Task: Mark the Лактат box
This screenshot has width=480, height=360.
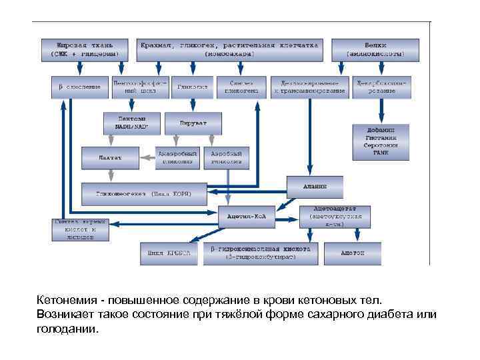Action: pyautogui.click(x=110, y=157)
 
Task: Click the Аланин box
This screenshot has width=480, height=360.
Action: pyautogui.click(x=315, y=185)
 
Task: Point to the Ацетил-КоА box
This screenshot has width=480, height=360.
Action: pyautogui.click(x=247, y=216)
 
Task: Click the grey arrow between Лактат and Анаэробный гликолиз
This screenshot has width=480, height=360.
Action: pyautogui.click(x=147, y=157)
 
